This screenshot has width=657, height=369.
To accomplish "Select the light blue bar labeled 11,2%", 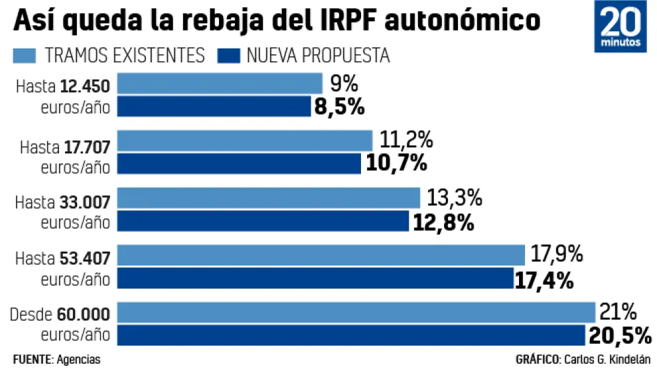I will pyautogui.click(x=245, y=140).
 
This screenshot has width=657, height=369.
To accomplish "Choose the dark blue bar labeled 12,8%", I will pyautogui.click(x=263, y=220).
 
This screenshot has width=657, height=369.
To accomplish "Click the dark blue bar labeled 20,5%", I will pyautogui.click(x=352, y=335).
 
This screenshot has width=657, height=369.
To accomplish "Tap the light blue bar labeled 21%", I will pyautogui.click(x=357, y=312).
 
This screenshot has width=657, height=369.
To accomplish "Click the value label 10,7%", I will pyautogui.click(x=396, y=163).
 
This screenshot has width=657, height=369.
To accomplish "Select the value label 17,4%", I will pyautogui.click(x=544, y=279).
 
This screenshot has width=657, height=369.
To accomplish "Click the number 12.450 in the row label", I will pyautogui.click(x=85, y=86).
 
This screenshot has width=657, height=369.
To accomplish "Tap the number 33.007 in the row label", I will pyautogui.click(x=85, y=200).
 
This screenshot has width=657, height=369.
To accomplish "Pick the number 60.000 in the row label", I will pyautogui.click(x=85, y=314).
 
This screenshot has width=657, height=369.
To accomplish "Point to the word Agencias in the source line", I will pyautogui.click(x=78, y=359).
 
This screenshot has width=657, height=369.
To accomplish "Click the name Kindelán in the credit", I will pyautogui.click(x=628, y=359).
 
